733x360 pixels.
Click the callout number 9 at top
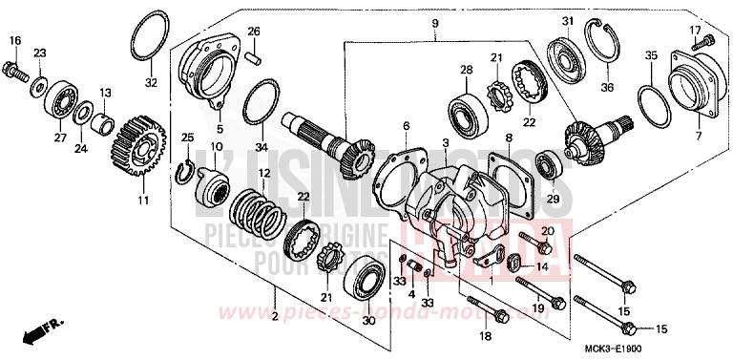pos(433,23)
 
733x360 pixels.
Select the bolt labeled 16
pos(18,69)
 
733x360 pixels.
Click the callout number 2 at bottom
pos(274,318)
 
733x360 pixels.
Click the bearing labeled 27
pos(62,100)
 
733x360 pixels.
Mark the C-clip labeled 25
pos(190,171)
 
